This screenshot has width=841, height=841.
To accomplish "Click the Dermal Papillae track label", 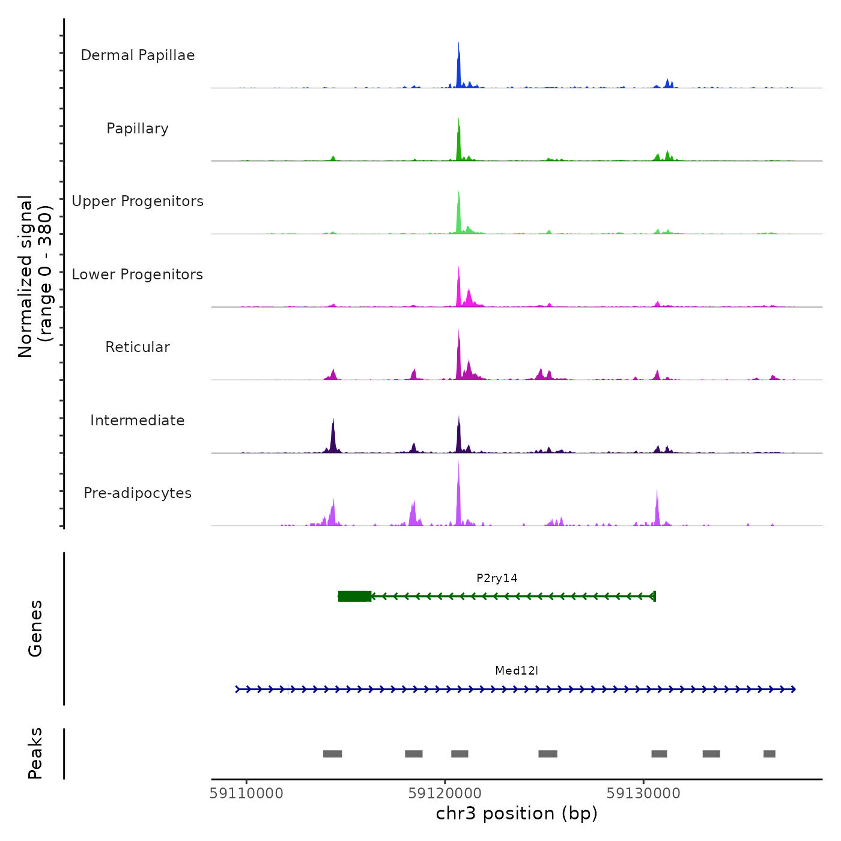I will (138, 55).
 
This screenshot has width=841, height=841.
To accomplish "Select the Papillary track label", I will (138, 129).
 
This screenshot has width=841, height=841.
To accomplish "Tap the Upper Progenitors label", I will (138, 201).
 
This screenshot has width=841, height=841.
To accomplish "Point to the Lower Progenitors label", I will (138, 275).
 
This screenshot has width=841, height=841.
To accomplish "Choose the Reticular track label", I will (138, 347).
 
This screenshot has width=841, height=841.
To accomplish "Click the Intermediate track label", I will (138, 421).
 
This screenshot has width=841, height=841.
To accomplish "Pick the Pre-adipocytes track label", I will (138, 493).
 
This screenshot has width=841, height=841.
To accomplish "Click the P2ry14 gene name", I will (497, 578).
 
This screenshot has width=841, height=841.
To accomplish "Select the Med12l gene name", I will (517, 671).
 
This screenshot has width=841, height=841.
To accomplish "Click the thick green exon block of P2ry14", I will (354, 596).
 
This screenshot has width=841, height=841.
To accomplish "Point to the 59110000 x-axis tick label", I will (246, 794).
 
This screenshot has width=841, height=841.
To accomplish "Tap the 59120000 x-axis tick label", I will (445, 794).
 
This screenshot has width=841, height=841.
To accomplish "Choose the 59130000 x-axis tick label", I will (643, 794).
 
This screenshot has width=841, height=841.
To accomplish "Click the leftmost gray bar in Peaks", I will (332, 754).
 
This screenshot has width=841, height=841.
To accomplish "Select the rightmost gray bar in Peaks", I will (770, 754).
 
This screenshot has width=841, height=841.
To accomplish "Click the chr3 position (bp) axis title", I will (517, 814).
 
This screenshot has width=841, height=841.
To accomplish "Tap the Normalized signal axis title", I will (35, 276).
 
